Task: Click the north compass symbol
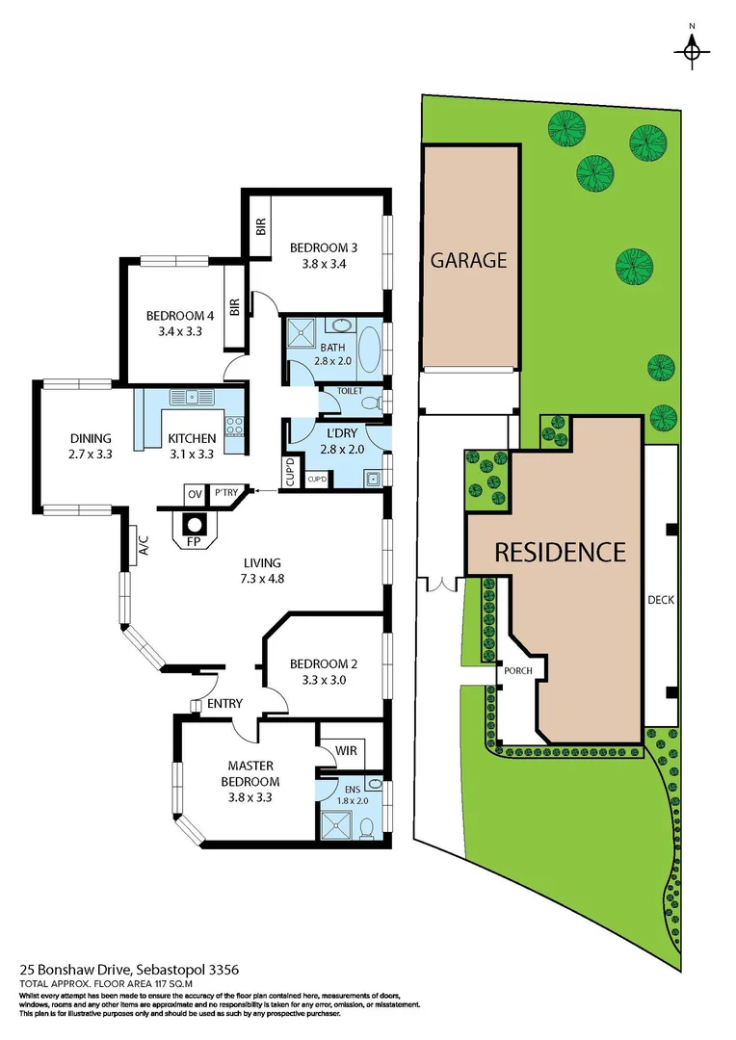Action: pyautogui.click(x=692, y=50)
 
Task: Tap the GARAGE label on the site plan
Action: pyautogui.click(x=468, y=260)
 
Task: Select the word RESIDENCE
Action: pyautogui.click(x=560, y=552)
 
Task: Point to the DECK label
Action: pyautogui.click(x=661, y=600)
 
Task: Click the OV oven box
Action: pyautogui.click(x=195, y=494)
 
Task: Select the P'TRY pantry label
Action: pyautogui.click(x=226, y=494)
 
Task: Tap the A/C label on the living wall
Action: pyautogui.click(x=142, y=547)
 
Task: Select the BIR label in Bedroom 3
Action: pyautogui.click(x=261, y=227)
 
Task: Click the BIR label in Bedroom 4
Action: pyautogui.click(x=234, y=308)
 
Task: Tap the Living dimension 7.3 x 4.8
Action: pyautogui.click(x=262, y=579)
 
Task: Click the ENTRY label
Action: pyautogui.click(x=224, y=704)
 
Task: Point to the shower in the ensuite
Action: pyautogui.click(x=337, y=824)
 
